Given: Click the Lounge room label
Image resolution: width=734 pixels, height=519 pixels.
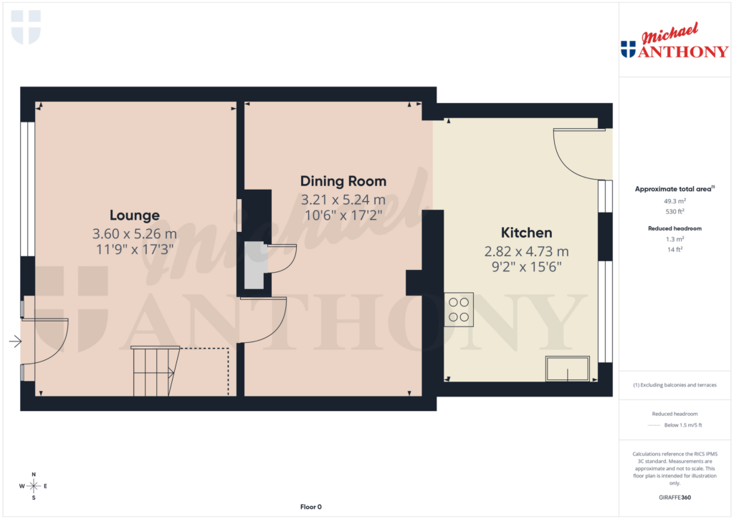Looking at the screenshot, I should [134, 215].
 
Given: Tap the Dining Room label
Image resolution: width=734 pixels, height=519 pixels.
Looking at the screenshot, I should [343, 181].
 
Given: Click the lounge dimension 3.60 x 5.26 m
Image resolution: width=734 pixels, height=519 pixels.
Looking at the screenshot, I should [134, 234].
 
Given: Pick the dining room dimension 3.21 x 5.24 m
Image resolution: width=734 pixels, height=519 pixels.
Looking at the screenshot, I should [343, 200].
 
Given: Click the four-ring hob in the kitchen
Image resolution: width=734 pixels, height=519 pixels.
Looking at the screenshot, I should [459, 310].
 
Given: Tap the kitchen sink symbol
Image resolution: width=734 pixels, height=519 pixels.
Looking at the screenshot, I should [568, 369].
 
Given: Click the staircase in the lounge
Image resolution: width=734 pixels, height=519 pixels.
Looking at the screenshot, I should [154, 371].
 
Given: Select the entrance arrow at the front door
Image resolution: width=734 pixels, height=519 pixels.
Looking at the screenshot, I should [15, 342].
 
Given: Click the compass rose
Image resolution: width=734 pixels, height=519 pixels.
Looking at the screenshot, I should [33, 486].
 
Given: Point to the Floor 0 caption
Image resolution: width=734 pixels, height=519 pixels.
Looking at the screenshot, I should [310, 507].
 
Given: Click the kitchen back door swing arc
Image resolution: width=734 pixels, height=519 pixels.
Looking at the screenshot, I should [577, 157].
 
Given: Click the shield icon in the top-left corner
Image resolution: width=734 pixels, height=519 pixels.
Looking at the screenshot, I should [27, 27].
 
